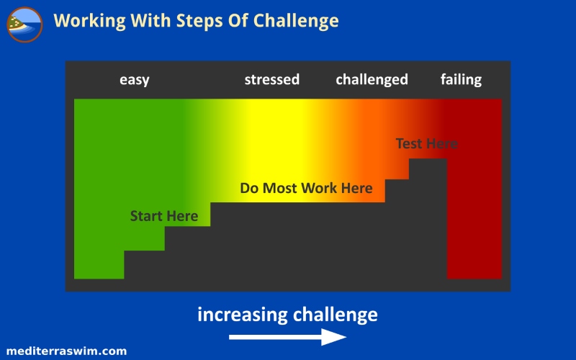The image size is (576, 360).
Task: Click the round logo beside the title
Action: coord(24,24)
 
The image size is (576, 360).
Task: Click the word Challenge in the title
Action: coord(296,21)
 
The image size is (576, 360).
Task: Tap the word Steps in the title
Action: coord(199,22)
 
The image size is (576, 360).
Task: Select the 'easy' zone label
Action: coord(135,80)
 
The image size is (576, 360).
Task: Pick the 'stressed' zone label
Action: coord(272,79)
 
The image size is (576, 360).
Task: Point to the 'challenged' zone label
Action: coord(372,80)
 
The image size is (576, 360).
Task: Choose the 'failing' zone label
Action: coord(461,80)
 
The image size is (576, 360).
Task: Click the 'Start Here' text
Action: coord(164,216)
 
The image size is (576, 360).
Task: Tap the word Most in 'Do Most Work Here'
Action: coord(280,188)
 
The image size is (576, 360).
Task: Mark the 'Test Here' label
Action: coord(426,143)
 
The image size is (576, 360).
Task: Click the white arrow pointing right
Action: coord(287,337)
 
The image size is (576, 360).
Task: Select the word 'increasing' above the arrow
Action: coord(243,315)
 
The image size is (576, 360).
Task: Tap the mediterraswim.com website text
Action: coord(66,351)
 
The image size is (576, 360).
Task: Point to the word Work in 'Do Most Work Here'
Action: coord(319,188)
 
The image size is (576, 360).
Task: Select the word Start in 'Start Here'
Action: coord(146,216)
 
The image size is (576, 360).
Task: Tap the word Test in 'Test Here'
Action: coord(409,143)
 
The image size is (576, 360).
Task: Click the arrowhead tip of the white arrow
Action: coord(346,337)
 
